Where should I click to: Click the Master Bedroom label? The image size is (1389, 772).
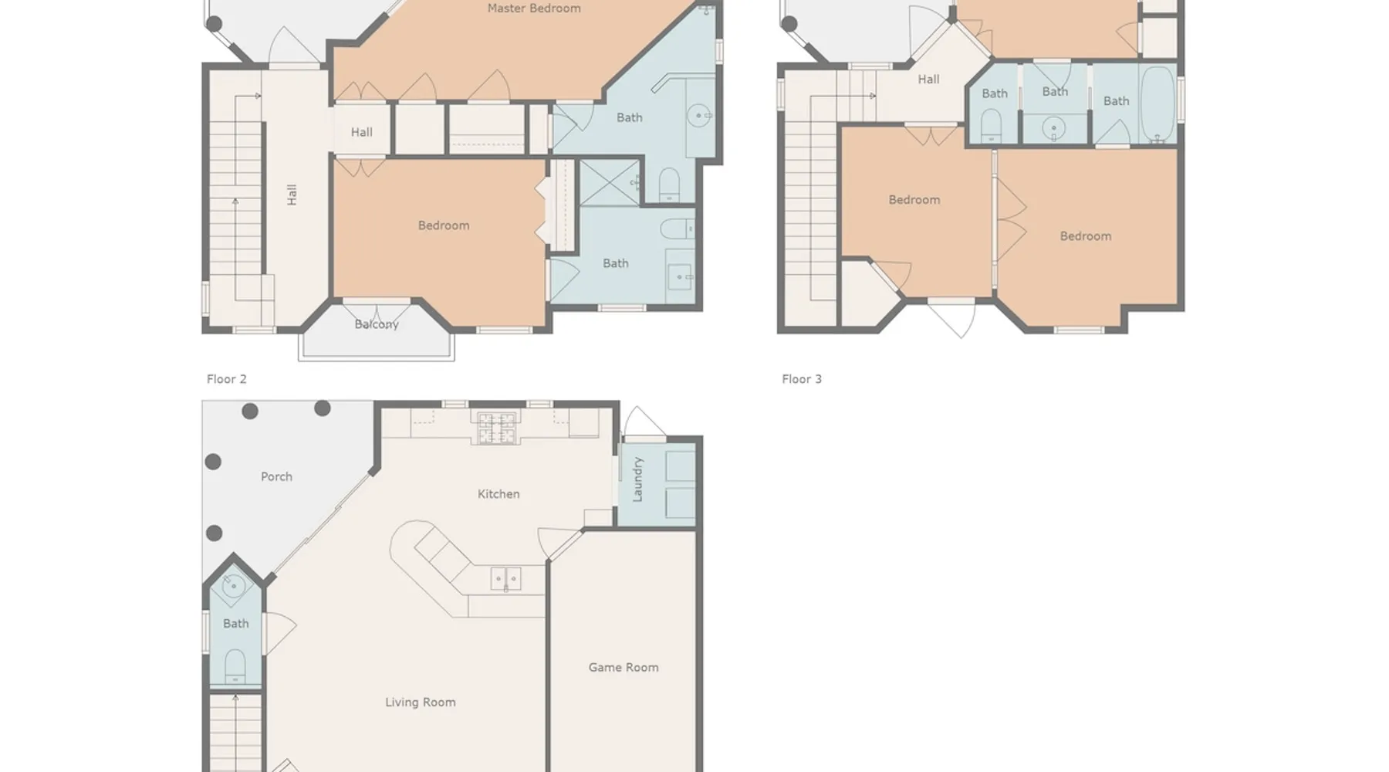(x=534, y=8)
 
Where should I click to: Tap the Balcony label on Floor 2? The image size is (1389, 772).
(x=377, y=324)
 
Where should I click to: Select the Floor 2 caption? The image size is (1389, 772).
(x=227, y=379)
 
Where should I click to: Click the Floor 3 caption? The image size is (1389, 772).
(x=802, y=379)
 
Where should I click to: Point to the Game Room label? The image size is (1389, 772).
(x=624, y=668)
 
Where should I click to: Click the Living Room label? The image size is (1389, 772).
(x=421, y=703)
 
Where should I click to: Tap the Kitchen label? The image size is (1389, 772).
(x=498, y=494)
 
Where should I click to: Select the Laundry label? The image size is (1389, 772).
(x=638, y=479)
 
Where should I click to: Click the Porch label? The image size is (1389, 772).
(x=276, y=477)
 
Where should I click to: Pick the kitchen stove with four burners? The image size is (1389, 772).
(x=497, y=428)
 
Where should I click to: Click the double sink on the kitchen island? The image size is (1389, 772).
(x=506, y=578)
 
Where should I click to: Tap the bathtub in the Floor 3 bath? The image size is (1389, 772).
(x=1157, y=105)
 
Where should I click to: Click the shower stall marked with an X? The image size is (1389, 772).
(x=610, y=182)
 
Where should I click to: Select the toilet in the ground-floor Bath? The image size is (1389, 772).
(x=235, y=665)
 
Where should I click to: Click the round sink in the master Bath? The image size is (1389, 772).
(x=699, y=117)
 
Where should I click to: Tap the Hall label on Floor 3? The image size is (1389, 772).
(x=928, y=80)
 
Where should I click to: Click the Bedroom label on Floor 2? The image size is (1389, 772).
(x=444, y=225)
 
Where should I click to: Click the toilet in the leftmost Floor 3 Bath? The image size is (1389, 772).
(x=992, y=125)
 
